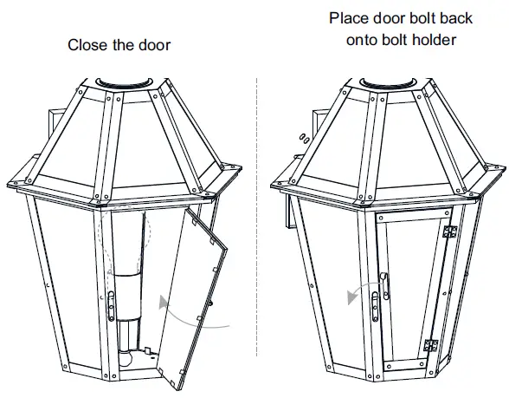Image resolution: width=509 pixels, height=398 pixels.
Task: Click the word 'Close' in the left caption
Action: (x=88, y=45)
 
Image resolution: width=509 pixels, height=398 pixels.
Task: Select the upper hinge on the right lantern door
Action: (x=449, y=232)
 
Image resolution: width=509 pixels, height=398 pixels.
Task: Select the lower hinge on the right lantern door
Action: (x=433, y=344)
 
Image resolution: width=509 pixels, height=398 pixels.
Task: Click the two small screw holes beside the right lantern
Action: (x=300, y=136)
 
